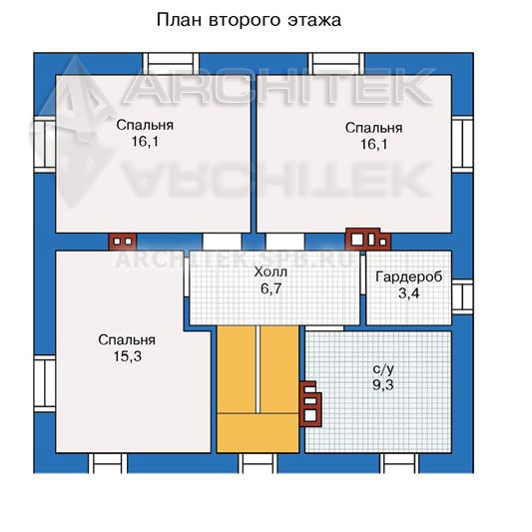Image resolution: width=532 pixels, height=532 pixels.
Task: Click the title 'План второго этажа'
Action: [x=249, y=20]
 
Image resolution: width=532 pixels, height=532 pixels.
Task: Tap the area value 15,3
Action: [x=127, y=356]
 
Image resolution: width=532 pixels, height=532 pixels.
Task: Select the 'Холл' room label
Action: [x=270, y=271]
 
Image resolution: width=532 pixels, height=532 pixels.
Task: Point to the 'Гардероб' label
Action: [x=409, y=277]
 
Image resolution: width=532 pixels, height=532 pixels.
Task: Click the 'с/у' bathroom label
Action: [x=383, y=369]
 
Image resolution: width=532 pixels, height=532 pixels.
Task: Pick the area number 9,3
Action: [x=383, y=385]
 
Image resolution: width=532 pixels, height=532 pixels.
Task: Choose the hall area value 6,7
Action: [x=271, y=288]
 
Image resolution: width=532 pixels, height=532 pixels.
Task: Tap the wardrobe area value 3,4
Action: [x=409, y=293]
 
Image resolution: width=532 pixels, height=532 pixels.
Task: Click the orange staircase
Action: [x=258, y=389]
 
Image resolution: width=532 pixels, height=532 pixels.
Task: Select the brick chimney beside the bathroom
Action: [x=310, y=404]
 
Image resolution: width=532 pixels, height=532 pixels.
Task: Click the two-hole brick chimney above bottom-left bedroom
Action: [x=123, y=242]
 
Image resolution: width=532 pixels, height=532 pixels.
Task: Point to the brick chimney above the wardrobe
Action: [x=367, y=240]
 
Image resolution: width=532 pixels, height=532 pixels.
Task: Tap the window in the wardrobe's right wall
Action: [x=462, y=296]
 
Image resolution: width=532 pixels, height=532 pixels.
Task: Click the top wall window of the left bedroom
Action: [x=171, y=64]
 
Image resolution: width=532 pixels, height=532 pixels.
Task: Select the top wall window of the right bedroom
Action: [x=336, y=64]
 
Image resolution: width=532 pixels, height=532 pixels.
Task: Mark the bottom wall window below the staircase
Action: [x=258, y=463]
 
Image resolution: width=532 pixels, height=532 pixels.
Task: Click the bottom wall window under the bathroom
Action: [x=399, y=463]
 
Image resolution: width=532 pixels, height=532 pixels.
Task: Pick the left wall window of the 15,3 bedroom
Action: [x=45, y=383]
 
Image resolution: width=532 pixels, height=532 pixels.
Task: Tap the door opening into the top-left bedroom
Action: [x=222, y=242]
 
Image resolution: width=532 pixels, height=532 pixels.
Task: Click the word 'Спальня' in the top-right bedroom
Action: [x=374, y=128]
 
